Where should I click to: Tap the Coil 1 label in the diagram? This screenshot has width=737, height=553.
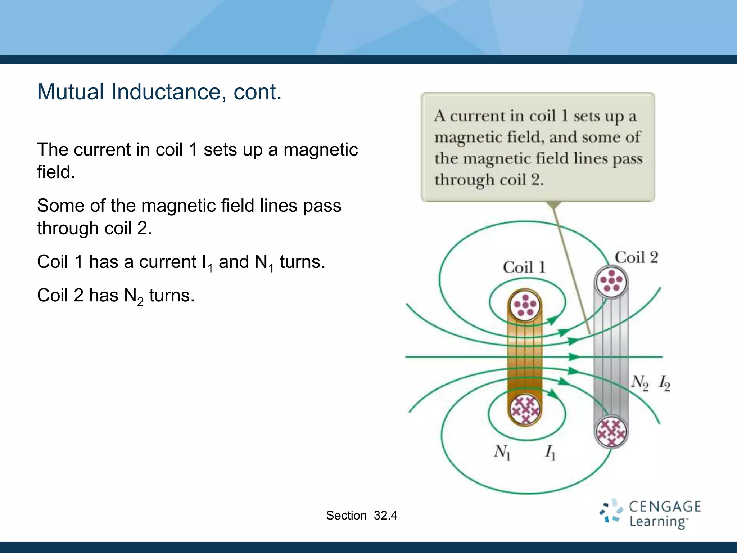click(524, 267)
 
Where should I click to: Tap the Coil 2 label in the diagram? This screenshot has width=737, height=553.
click(636, 258)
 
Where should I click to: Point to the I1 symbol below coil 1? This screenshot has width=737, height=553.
click(550, 453)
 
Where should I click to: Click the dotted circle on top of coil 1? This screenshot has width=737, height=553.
click(525, 305)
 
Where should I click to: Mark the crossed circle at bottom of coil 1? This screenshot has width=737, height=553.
click(525, 410)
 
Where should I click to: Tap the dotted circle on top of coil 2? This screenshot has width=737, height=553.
click(611, 282)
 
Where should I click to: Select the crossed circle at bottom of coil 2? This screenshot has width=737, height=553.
click(611, 432)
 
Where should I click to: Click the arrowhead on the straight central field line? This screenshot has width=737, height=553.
click(574, 357)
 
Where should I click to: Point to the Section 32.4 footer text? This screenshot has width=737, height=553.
click(361, 516)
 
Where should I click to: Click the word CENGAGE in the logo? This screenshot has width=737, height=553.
click(665, 507)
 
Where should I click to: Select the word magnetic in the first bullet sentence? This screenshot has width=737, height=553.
click(320, 150)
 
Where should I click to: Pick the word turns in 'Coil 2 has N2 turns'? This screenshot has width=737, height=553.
click(172, 296)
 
